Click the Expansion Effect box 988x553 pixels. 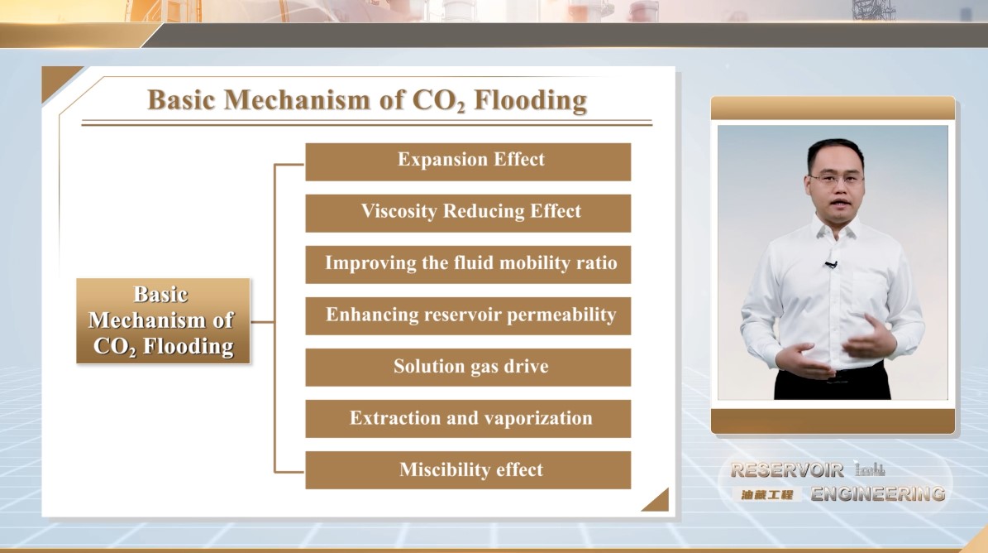point(468,162)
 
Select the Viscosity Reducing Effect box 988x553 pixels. point(468,213)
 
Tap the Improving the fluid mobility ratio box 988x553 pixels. point(468,265)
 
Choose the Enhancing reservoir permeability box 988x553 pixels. point(468,316)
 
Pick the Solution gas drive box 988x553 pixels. point(468,368)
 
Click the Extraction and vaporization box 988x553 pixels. point(468,419)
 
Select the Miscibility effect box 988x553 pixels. point(468,470)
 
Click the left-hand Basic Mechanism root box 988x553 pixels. point(163,321)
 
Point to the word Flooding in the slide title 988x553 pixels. point(531,100)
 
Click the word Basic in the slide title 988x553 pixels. point(181,100)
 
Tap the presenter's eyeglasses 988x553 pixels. point(835,179)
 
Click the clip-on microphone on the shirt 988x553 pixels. point(831,264)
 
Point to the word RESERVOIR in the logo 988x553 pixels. point(787,469)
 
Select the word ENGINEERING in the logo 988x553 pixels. point(878,493)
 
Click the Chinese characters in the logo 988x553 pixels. point(766,495)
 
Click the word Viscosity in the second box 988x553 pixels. point(399,211)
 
